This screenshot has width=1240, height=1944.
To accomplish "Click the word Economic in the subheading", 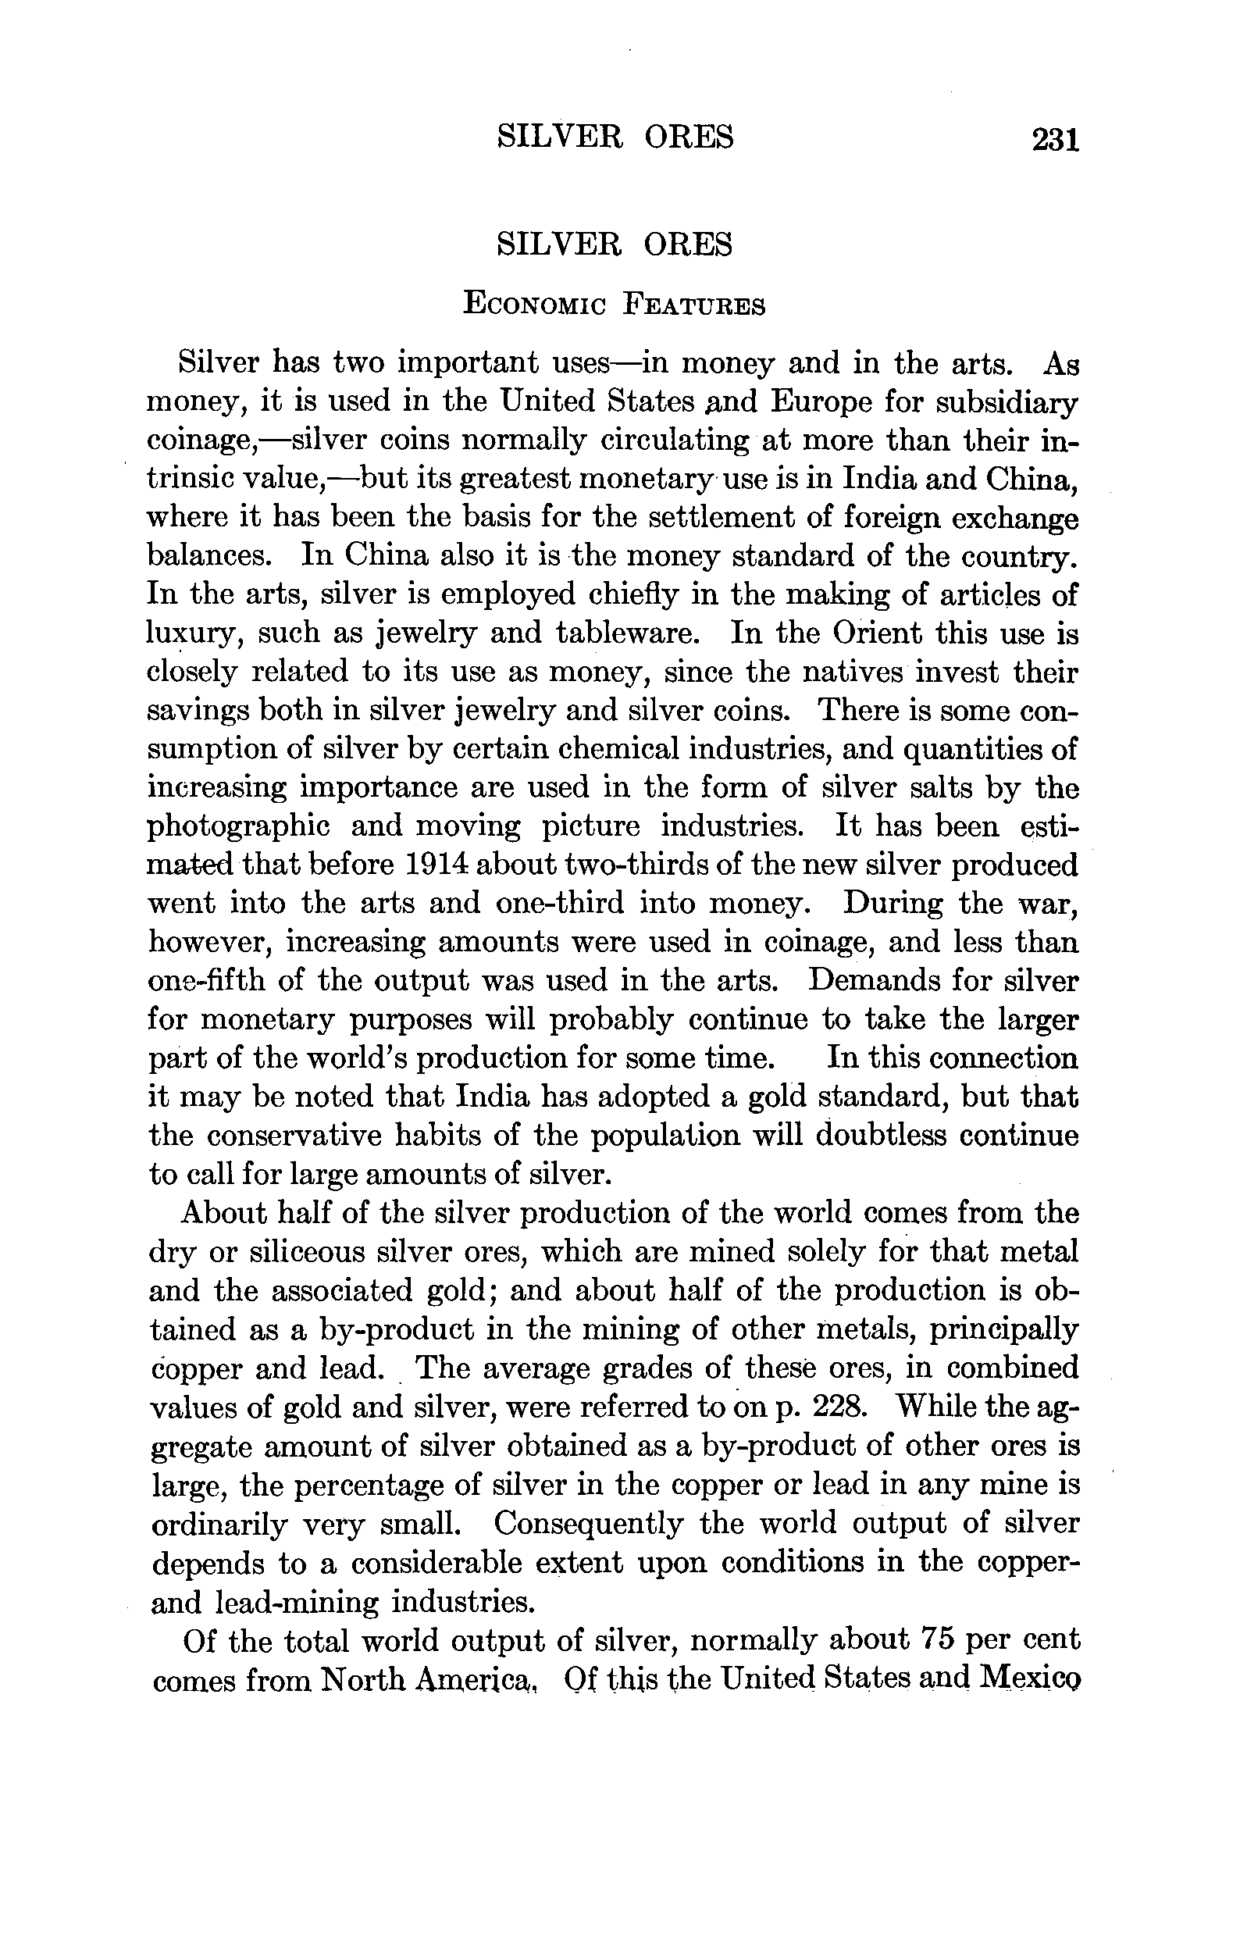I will (534, 305).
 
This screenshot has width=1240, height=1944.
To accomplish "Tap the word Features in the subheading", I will (695, 305).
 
